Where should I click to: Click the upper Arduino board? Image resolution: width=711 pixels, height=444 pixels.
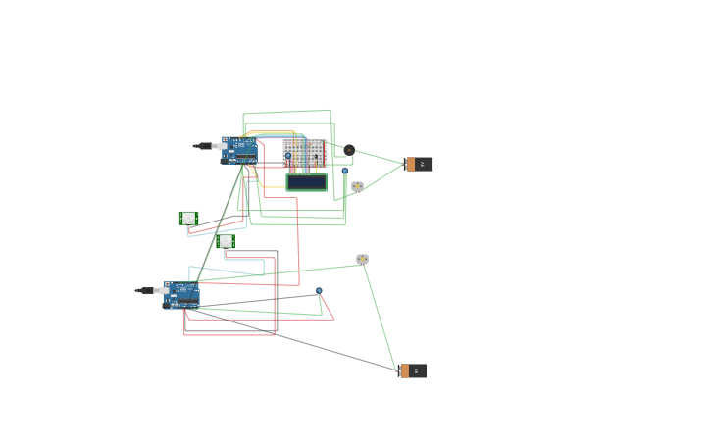pyautogui.click(x=240, y=150)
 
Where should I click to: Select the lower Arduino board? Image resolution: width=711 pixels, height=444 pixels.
pyautogui.click(x=182, y=294)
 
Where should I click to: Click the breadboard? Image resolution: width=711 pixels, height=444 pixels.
pyautogui.click(x=305, y=153)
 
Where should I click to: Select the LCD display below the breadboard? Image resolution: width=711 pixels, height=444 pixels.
pyautogui.click(x=307, y=182)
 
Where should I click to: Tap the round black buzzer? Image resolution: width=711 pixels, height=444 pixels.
pyautogui.click(x=349, y=150)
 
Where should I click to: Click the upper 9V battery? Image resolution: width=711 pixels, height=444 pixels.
pyautogui.click(x=420, y=164)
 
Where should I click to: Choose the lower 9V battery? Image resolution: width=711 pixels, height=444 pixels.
pyautogui.click(x=413, y=370)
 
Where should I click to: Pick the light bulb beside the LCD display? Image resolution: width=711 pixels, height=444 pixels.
pyautogui.click(x=357, y=186)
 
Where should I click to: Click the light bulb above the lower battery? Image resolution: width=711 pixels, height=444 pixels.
pyautogui.click(x=362, y=260)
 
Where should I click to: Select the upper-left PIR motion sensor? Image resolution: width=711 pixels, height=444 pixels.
pyautogui.click(x=188, y=219)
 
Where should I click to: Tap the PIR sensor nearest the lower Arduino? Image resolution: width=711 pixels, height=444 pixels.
pyautogui.click(x=226, y=241)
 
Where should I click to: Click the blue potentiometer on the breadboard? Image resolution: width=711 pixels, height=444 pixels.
pyautogui.click(x=287, y=155)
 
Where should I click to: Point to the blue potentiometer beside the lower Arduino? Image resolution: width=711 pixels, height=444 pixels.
pyautogui.click(x=319, y=291)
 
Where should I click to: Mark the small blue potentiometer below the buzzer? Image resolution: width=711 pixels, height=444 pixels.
pyautogui.click(x=344, y=171)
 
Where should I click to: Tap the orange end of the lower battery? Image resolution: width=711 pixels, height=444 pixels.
pyautogui.click(x=404, y=370)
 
